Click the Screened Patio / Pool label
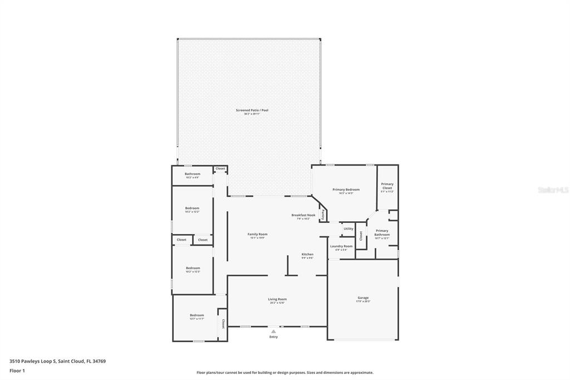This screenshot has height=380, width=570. click(252, 110)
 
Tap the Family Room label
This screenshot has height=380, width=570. click(257, 235)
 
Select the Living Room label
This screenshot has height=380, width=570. click(277, 299)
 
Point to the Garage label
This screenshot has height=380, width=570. click(363, 298)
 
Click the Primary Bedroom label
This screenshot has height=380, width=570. click(346, 190)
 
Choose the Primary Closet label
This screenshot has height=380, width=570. click(387, 186)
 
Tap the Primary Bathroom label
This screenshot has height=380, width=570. click(382, 232)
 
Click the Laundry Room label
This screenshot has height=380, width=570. click(341, 246)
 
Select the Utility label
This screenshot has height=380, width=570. click(348, 228)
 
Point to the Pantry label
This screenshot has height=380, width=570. click(322, 214)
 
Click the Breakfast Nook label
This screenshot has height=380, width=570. click(303, 215)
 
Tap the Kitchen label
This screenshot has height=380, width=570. click(307, 255)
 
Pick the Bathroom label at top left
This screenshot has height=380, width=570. click(193, 174)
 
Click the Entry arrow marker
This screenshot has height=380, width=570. click(273, 332)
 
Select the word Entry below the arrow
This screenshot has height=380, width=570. click(273, 337)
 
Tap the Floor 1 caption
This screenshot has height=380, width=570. click(17, 370)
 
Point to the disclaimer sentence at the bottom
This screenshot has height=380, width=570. click(284, 372)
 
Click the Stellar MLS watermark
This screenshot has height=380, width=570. click(553, 190)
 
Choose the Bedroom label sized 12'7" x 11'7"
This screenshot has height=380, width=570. click(196, 315)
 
